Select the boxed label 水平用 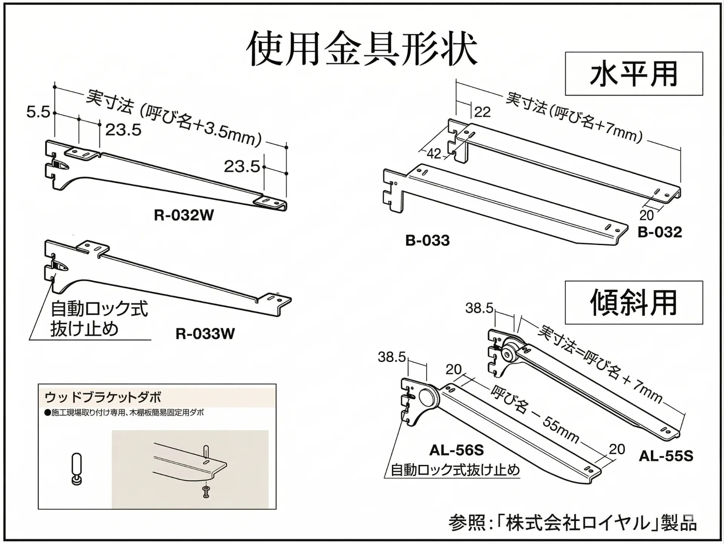[x=633, y=74]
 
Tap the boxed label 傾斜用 [x=633, y=303]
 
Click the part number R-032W [x=184, y=215]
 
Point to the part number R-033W [x=205, y=334]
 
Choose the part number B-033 [x=427, y=241]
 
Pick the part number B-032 [x=660, y=232]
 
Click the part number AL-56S [x=456, y=450]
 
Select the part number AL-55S [x=666, y=456]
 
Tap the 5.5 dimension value [x=38, y=112]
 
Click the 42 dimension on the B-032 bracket [x=434, y=153]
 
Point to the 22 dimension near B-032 [x=482, y=112]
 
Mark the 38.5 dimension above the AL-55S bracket [x=479, y=308]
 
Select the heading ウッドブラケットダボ [x=103, y=397]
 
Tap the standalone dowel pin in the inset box [x=77, y=469]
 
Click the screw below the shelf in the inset [x=206, y=492]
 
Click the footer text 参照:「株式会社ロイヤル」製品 [x=572, y=523]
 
